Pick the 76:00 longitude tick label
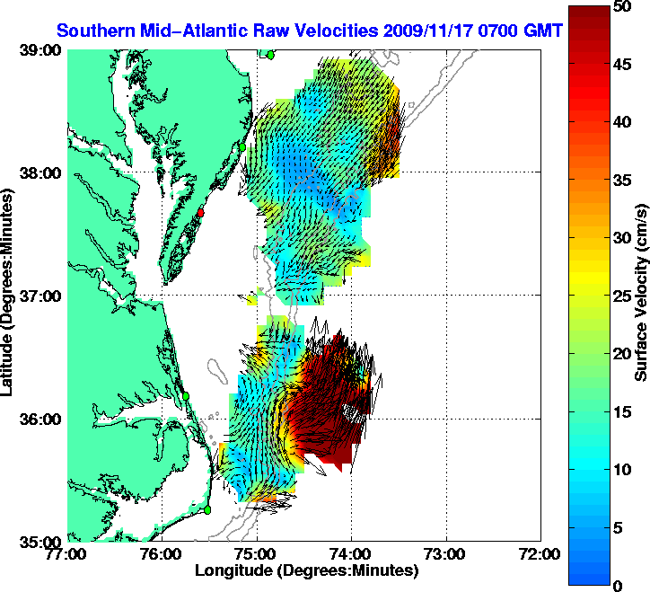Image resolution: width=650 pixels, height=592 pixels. click(x=162, y=554)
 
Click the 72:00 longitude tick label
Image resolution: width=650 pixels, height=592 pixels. click(x=540, y=554)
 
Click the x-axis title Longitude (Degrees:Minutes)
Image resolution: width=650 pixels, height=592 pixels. click(x=305, y=570)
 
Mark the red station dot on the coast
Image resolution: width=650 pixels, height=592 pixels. click(x=202, y=213)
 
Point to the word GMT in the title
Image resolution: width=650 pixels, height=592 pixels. click(x=544, y=31)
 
